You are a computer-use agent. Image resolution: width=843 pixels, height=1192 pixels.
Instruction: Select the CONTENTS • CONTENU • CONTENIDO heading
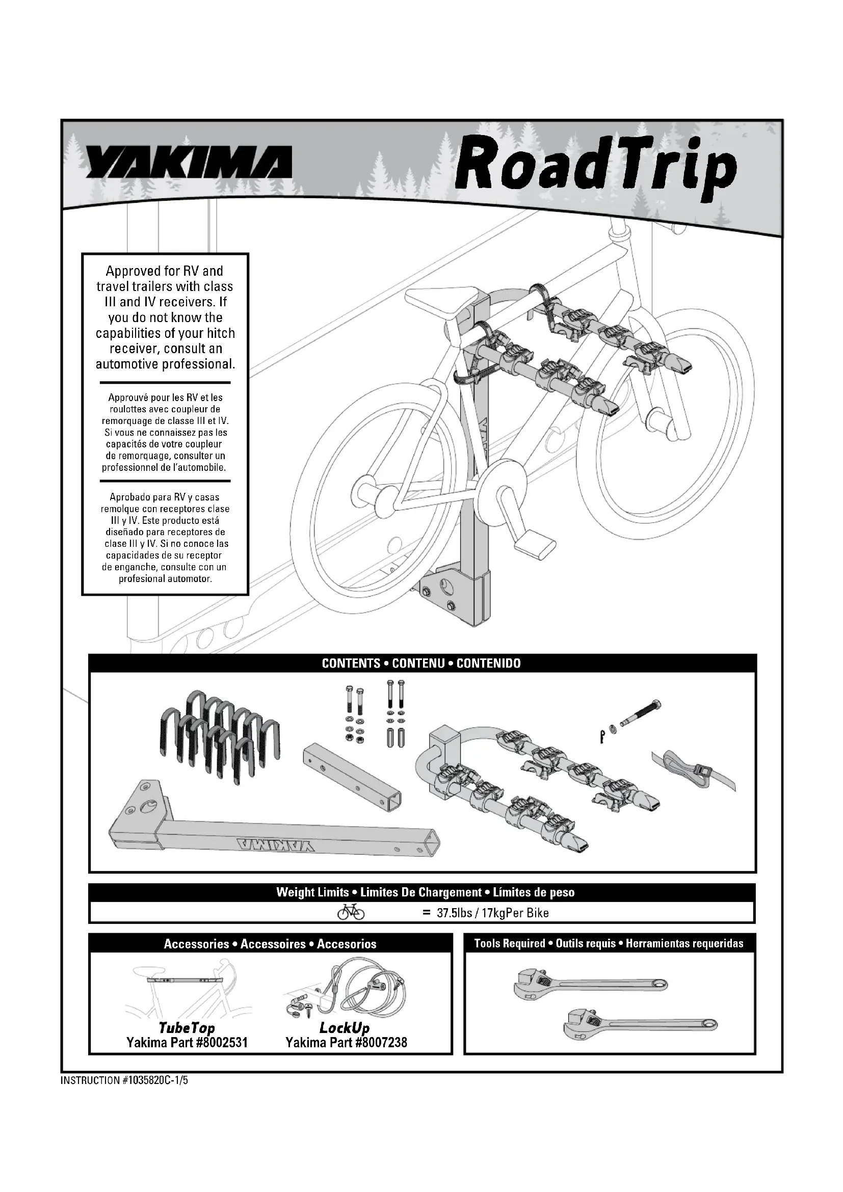(x=421, y=663)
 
